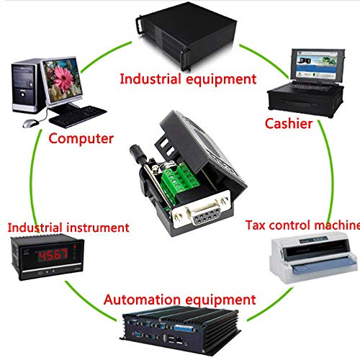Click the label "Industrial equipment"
[188, 79]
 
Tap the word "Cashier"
[289, 124]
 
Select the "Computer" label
[81, 139]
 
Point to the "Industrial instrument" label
[68, 228]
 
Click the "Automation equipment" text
[180, 300]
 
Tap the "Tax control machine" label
[302, 225]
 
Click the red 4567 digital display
[53, 255]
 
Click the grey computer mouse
[30, 123]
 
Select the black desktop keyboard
[78, 117]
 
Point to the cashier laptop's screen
[317, 64]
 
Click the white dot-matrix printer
[314, 260]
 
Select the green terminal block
[181, 181]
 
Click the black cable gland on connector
[139, 154]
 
